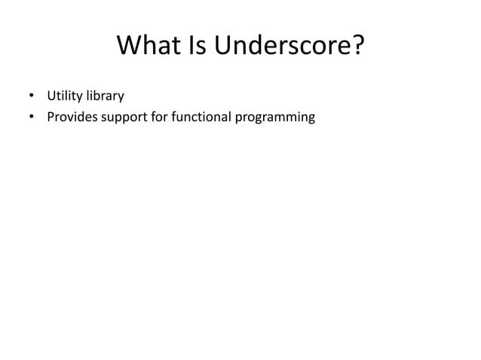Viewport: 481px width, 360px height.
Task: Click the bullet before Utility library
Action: tap(31, 96)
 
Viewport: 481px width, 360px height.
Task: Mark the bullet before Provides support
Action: tap(31, 117)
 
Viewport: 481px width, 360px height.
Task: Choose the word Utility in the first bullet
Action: tap(64, 96)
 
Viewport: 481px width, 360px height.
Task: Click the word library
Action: tap(105, 96)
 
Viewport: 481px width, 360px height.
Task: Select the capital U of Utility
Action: tap(51, 96)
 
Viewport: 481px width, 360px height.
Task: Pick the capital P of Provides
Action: tap(51, 117)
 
